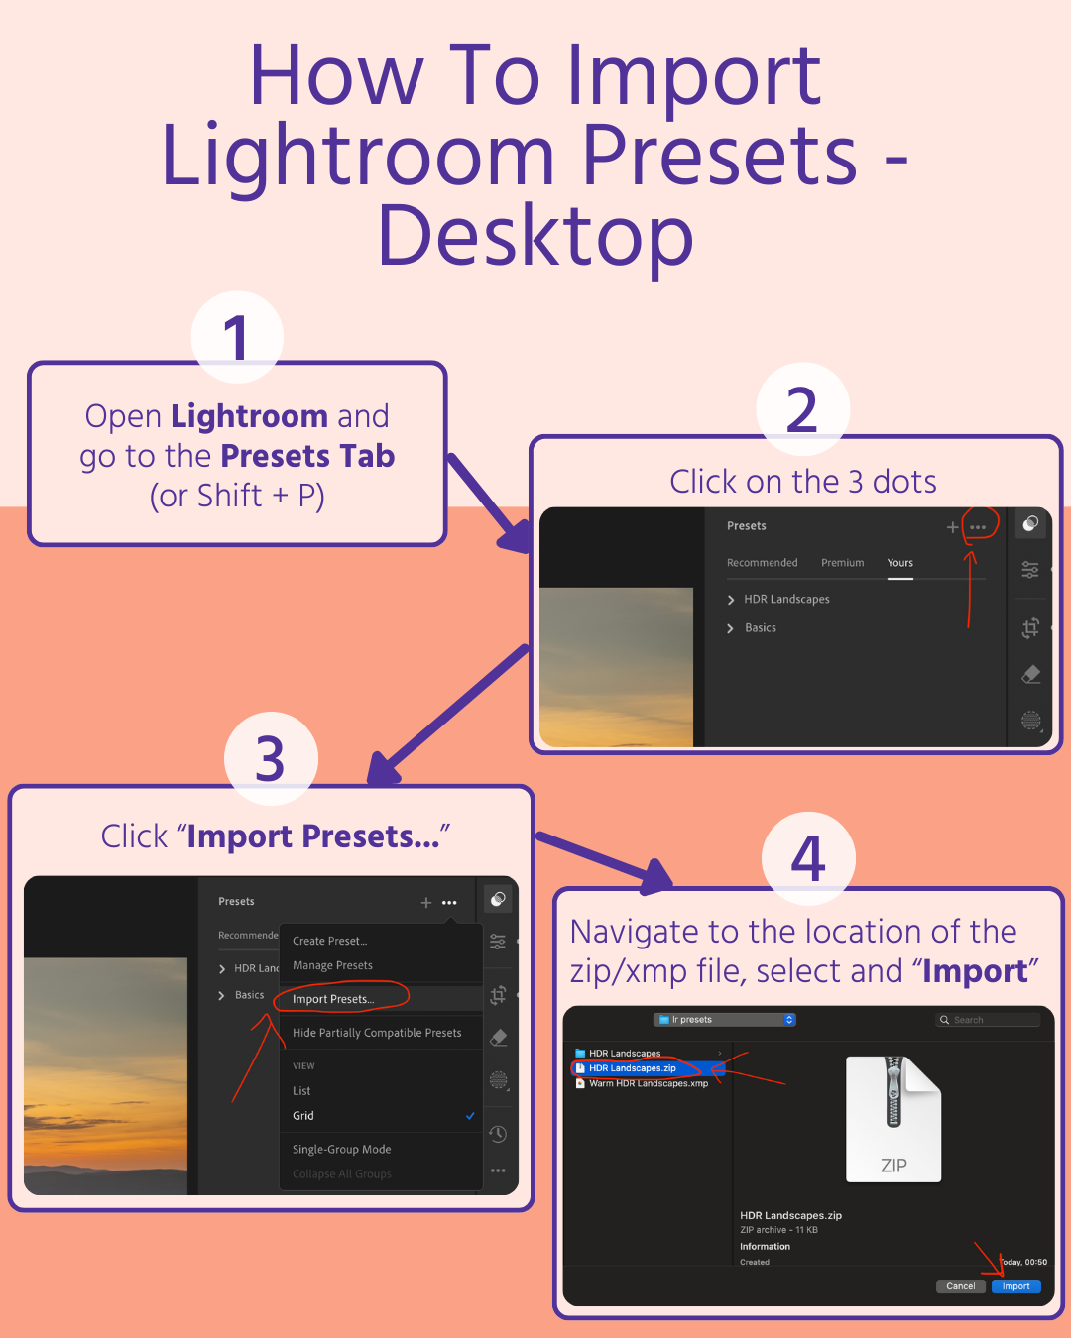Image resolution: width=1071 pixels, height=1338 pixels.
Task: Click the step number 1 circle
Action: click(x=237, y=337)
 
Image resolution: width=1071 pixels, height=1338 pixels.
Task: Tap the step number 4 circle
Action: click(x=808, y=858)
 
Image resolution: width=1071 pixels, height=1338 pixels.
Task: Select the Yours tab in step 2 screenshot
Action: click(x=900, y=563)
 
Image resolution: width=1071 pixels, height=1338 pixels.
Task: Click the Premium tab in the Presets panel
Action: click(x=842, y=563)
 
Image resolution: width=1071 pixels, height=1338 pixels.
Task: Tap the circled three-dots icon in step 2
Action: click(x=978, y=527)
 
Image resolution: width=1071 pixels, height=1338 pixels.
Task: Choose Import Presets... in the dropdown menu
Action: click(x=333, y=999)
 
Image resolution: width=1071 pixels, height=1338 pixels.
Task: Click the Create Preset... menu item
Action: click(x=329, y=941)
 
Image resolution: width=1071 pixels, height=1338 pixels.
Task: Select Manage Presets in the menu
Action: click(x=332, y=965)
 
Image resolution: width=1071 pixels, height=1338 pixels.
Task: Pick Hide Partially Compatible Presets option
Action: click(x=377, y=1033)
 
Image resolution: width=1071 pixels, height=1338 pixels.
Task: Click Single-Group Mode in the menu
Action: click(x=341, y=1150)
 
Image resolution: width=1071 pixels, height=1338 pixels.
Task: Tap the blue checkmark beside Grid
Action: click(x=470, y=1116)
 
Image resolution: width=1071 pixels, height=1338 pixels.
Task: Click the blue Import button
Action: click(x=1015, y=1286)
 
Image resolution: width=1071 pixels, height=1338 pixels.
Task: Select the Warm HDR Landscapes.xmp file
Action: click(x=648, y=1083)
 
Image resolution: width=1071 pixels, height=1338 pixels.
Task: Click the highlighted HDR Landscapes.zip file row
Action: click(x=633, y=1068)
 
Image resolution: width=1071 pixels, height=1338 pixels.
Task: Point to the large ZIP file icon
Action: click(x=893, y=1118)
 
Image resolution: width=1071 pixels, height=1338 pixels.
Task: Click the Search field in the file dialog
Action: click(x=988, y=1020)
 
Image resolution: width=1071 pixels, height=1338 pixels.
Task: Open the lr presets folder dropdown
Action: click(x=725, y=1020)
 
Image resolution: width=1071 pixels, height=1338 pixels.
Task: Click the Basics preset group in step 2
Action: click(x=761, y=628)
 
